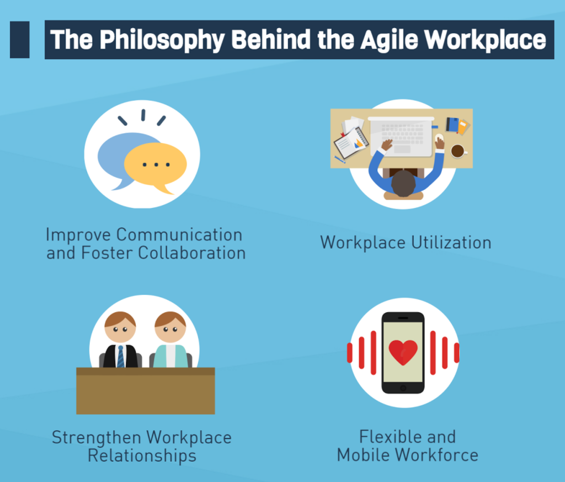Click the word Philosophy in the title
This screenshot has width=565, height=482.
(162, 40)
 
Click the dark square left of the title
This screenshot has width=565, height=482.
(19, 40)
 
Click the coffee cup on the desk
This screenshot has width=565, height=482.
(459, 151)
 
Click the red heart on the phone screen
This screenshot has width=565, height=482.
(403, 352)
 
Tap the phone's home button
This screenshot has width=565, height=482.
(403, 388)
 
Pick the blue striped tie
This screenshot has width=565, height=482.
(121, 357)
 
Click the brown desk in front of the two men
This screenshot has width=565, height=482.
(146, 391)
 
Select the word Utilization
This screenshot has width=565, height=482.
(451, 243)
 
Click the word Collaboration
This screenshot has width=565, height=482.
(191, 253)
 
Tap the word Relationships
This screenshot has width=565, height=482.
(142, 456)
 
